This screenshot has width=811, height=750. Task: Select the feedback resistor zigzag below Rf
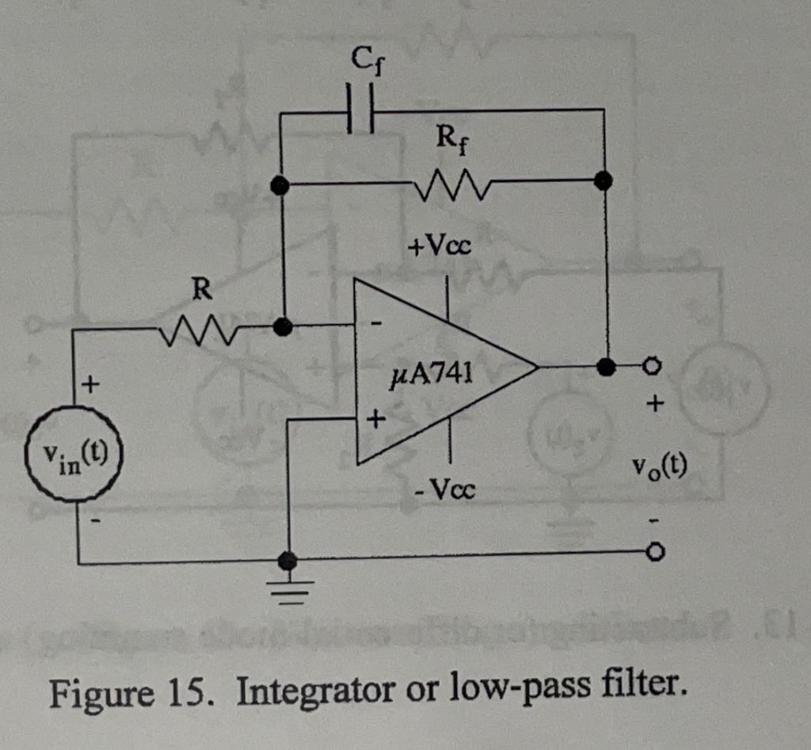(450, 187)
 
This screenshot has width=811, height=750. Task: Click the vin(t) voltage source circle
(74, 455)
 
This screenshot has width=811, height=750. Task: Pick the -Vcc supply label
(445, 491)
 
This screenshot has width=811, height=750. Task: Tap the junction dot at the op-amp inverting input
(280, 326)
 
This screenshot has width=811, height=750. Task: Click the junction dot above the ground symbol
(288, 561)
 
